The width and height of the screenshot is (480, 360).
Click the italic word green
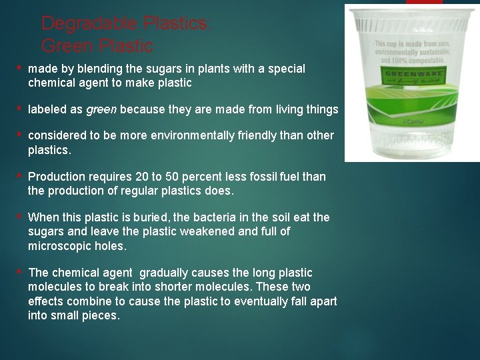[101, 109]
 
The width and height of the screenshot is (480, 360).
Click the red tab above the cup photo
[424, 2]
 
